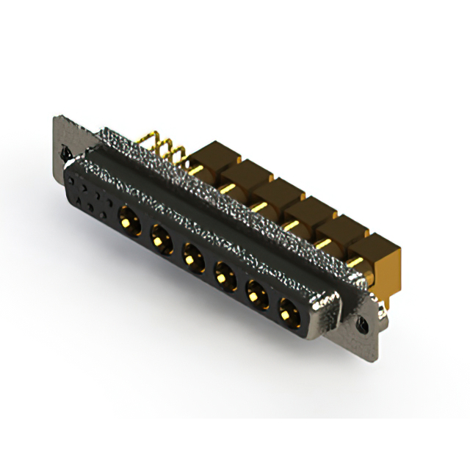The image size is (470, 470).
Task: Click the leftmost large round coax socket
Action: click(x=128, y=218)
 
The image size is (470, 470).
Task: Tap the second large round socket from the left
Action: click(x=159, y=237)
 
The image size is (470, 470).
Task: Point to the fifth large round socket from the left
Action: click(x=255, y=297)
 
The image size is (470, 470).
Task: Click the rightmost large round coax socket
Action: click(x=286, y=316)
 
